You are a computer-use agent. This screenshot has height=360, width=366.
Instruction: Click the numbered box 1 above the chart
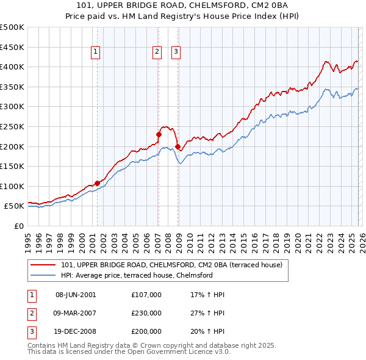96,52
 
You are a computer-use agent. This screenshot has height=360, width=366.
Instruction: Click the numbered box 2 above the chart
157,52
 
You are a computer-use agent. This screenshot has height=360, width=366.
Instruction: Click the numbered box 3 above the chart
176,52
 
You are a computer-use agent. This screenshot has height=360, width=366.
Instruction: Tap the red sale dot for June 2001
97,182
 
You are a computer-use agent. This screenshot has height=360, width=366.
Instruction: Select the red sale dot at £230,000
159,134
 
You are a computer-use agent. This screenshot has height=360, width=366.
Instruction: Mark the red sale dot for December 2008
178,146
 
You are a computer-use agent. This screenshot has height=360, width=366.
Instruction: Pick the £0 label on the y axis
18,226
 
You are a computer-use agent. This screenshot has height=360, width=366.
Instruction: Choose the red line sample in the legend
43,265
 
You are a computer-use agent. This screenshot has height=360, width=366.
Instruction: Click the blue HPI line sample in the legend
43,275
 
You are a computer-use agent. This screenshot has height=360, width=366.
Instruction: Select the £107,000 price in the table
146,295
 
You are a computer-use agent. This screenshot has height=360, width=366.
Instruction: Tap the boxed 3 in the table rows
31,331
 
